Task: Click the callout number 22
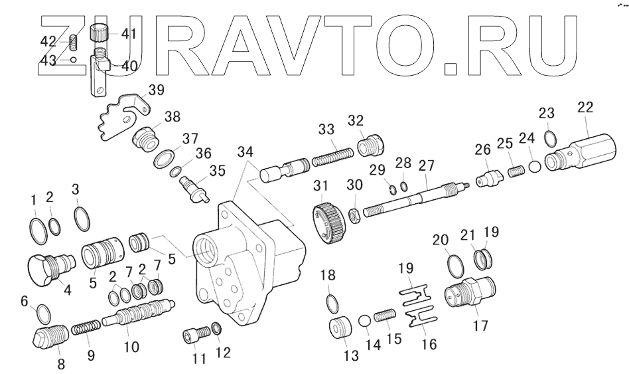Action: tap(585, 107)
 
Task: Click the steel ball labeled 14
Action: tap(364, 322)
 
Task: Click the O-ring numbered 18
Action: tap(332, 302)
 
